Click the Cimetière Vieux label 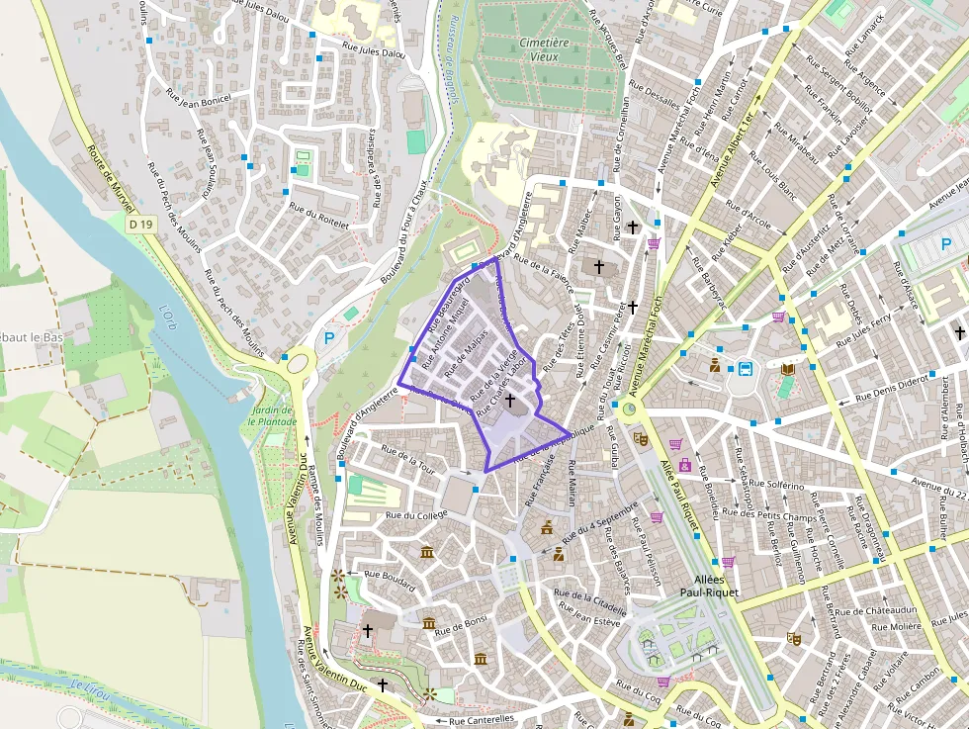pyautogui.click(x=545, y=49)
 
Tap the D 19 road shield pyautogui.click(x=141, y=226)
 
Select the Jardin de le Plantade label pyautogui.click(x=273, y=415)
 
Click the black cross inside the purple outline pyautogui.click(x=510, y=401)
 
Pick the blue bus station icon pyautogui.click(x=745, y=370)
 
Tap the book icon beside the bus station pyautogui.click(x=787, y=370)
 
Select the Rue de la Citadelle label pyautogui.click(x=591, y=599)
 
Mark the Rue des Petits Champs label pyautogui.click(x=769, y=514)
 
